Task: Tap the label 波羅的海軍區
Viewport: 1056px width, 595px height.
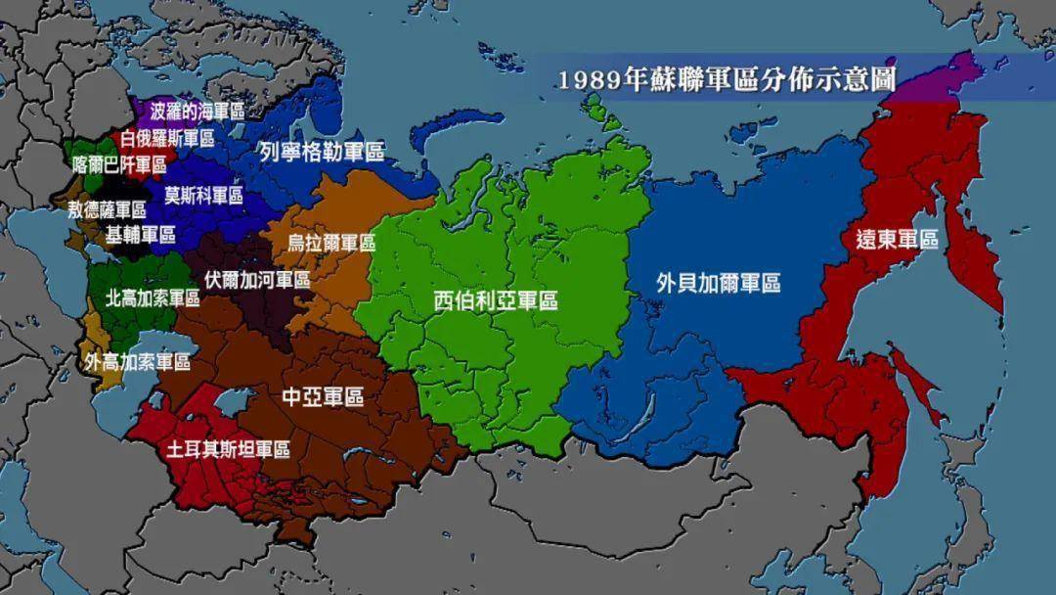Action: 198,110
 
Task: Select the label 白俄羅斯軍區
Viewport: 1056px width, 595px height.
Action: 167,138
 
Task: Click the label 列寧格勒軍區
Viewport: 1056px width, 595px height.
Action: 321,152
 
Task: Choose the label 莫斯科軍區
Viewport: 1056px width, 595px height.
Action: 203,195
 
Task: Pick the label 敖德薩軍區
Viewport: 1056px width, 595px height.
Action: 107,208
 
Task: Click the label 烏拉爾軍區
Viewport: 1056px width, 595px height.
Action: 330,243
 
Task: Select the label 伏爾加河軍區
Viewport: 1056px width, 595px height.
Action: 256,279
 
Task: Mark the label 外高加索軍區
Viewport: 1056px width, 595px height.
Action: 137,361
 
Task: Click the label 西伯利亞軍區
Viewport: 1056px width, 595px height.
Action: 496,300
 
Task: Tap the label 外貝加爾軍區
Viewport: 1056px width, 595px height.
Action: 719,284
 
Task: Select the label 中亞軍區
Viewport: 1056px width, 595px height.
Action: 323,396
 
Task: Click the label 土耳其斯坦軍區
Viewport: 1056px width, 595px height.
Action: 228,449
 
